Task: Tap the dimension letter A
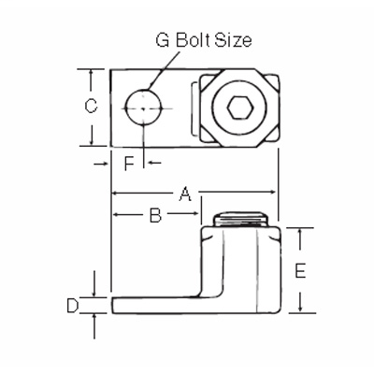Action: tap(185, 194)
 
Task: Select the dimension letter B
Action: tap(155, 216)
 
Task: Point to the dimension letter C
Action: tap(91, 107)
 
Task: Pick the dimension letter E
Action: tap(300, 271)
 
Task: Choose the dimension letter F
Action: tap(131, 163)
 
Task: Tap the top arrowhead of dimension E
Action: tap(300, 231)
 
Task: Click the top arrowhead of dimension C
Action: tap(91, 74)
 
